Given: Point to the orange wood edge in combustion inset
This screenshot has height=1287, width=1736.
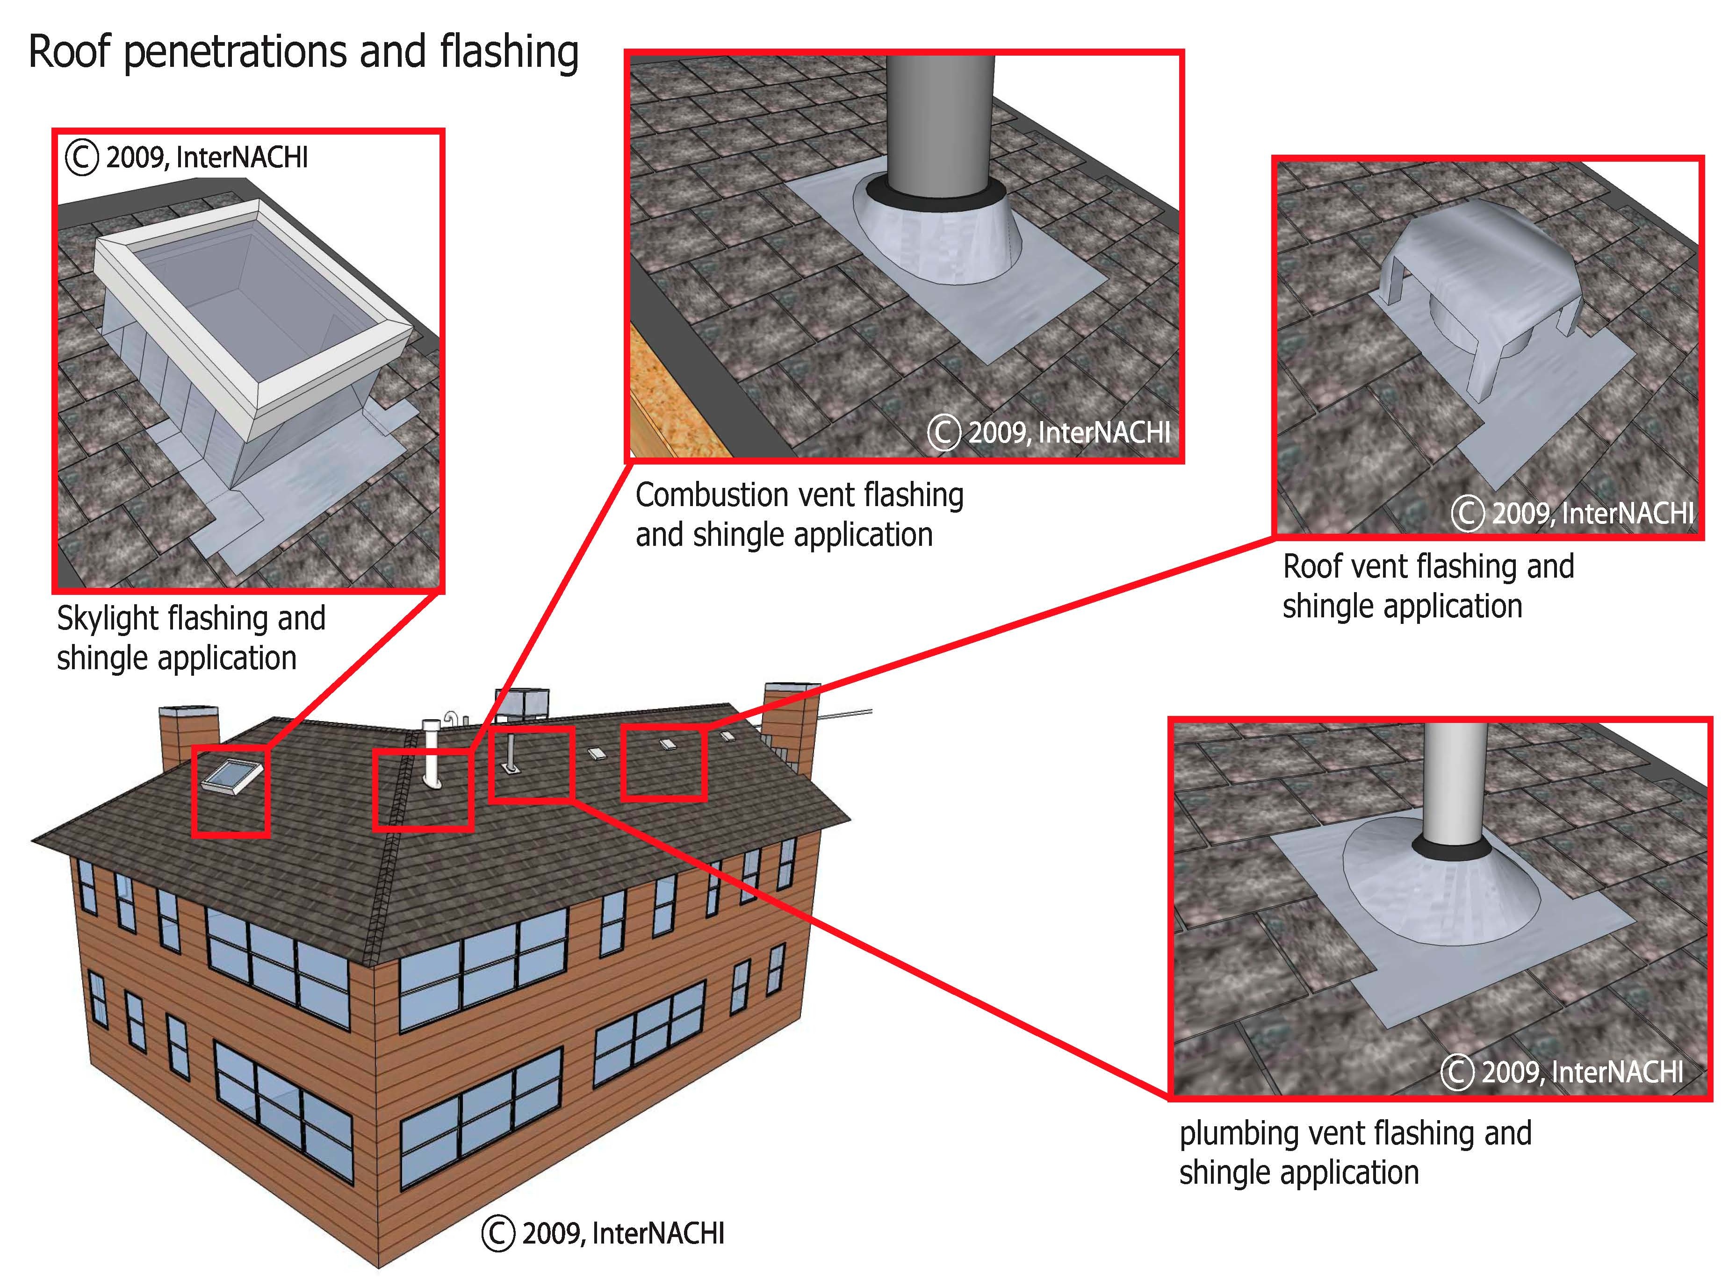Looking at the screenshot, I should point(663,397).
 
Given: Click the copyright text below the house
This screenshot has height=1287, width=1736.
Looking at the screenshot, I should point(604,1233).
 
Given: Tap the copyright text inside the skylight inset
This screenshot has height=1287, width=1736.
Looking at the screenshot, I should point(187,158).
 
